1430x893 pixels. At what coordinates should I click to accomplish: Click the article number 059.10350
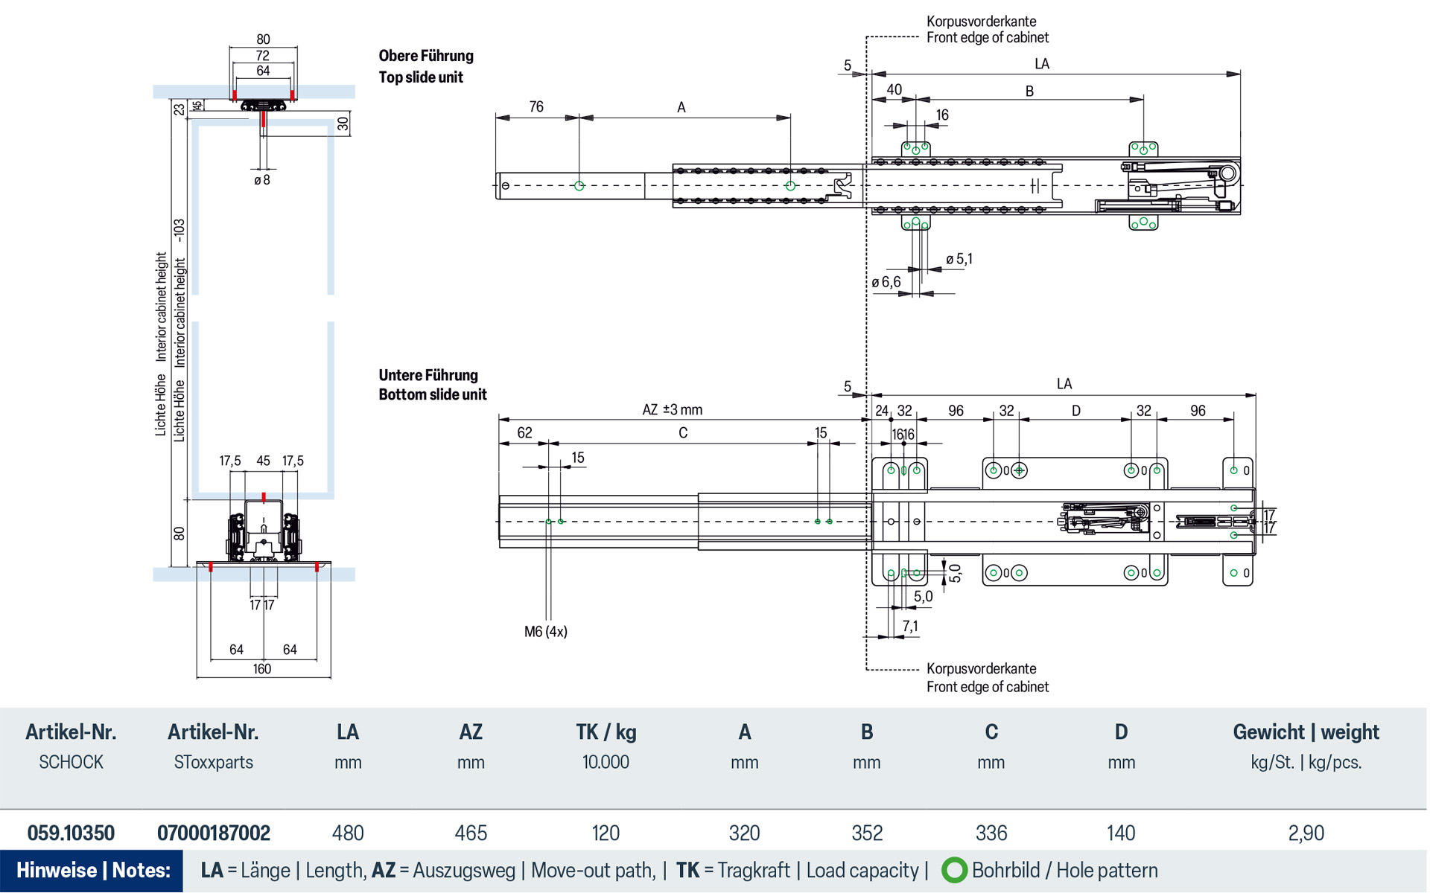tap(71, 833)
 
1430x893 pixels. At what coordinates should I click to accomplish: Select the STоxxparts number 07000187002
tap(213, 833)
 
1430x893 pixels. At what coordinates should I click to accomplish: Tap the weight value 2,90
tap(1306, 833)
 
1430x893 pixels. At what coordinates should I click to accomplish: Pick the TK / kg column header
tap(606, 732)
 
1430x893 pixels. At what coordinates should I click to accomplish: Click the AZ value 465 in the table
tap(471, 833)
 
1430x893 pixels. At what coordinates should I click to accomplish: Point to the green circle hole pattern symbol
tap(953, 870)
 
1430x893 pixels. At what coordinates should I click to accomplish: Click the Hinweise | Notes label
tap(93, 870)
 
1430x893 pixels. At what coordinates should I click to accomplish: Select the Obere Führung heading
tap(425, 56)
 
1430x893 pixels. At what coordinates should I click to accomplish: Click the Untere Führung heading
tap(428, 375)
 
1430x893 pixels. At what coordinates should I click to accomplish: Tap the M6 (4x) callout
tap(545, 632)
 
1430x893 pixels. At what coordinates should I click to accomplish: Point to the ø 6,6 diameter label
tap(886, 282)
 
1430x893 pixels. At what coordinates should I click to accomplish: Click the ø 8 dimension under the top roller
tap(261, 180)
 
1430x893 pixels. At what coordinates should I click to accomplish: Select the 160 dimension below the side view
tap(261, 669)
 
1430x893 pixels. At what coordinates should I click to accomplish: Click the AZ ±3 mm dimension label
tap(672, 410)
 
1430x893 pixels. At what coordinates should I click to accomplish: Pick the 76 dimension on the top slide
tap(536, 107)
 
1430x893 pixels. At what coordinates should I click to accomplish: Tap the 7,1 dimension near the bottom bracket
tap(910, 626)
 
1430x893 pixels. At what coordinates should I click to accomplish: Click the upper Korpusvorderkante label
tap(981, 22)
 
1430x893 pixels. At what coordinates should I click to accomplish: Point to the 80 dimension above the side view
tap(263, 39)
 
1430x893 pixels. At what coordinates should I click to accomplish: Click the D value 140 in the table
tap(1120, 833)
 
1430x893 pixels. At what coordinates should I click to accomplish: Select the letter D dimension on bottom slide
tap(1075, 411)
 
